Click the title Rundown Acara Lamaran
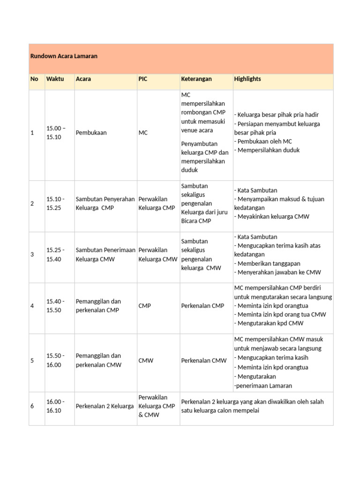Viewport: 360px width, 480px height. click(x=64, y=56)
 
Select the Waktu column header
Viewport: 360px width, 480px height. click(x=55, y=79)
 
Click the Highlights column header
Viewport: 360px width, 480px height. click(x=247, y=79)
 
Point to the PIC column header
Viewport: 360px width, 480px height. click(x=142, y=79)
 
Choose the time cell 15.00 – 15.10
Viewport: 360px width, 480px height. click(x=56, y=133)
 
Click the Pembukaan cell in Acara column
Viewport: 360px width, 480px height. click(x=91, y=133)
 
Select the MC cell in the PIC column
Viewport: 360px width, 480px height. click(x=143, y=133)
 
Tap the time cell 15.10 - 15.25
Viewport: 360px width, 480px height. click(x=56, y=203)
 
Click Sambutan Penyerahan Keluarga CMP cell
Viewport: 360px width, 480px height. click(x=105, y=203)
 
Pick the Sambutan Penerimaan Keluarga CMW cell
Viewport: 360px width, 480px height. click(x=105, y=255)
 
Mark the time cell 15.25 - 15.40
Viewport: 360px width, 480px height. click(x=56, y=255)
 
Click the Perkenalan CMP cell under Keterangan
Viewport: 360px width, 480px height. click(x=202, y=306)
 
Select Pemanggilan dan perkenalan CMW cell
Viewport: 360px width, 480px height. click(x=98, y=360)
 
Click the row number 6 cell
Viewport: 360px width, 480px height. click(x=32, y=406)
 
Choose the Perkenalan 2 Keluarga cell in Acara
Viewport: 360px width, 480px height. click(x=105, y=406)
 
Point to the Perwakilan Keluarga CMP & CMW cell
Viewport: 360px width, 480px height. click(x=157, y=406)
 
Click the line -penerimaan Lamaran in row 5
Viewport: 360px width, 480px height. click(x=263, y=386)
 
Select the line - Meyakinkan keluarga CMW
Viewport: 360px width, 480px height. click(x=271, y=217)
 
